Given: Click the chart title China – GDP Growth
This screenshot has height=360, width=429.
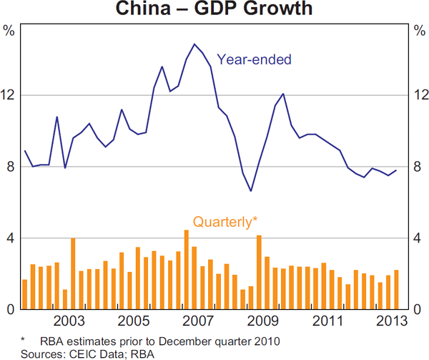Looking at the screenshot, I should coord(214,9).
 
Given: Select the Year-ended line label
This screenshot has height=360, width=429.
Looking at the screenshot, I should coord(254,59).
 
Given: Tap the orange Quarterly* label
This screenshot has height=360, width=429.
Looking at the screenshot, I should coord(225,222).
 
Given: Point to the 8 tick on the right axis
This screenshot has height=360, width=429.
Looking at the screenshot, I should coord(417,167).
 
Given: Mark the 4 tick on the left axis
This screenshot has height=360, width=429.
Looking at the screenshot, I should coord(9,238).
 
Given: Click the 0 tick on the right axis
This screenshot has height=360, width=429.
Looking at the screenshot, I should coord(417,310).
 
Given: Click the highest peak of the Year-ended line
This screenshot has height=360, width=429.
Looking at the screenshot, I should coord(194,44).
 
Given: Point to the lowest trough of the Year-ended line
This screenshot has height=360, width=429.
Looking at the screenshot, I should coord(251,191).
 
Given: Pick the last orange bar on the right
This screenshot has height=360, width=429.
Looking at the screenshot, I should coord(396,290).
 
